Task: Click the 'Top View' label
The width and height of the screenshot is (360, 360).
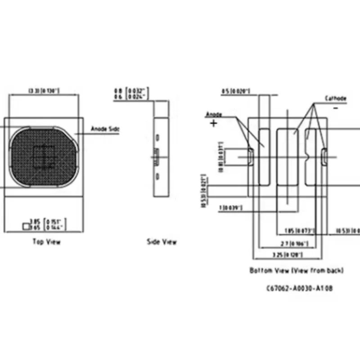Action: coord(46,242)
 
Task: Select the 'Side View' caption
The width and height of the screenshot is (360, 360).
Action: coord(162,242)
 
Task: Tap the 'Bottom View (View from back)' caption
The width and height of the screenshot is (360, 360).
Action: coord(297,270)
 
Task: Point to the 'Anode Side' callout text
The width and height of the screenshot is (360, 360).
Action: coord(105,129)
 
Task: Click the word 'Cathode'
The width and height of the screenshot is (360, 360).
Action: coord(336,98)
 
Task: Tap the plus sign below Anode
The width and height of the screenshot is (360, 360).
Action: coord(213,123)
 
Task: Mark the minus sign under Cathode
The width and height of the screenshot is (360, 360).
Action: coord(335,108)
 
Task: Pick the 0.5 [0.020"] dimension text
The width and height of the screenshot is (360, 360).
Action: coord(235,92)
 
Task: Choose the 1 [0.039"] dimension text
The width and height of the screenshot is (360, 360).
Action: coord(230,207)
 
